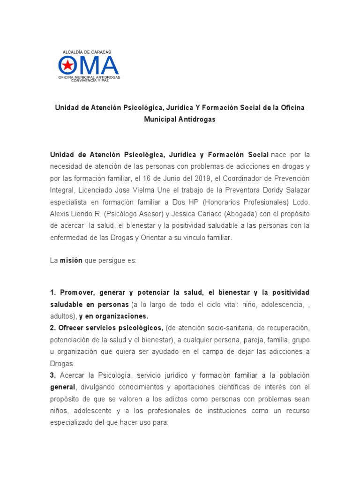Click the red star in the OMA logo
(x=67, y=65)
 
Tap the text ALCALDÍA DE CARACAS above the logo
(x=87, y=52)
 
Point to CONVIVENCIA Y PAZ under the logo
(x=89, y=80)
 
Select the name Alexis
(x=60, y=214)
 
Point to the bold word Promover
(x=75, y=292)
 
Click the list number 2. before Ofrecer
(x=53, y=327)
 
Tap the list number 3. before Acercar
(x=53, y=375)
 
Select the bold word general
(x=62, y=387)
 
